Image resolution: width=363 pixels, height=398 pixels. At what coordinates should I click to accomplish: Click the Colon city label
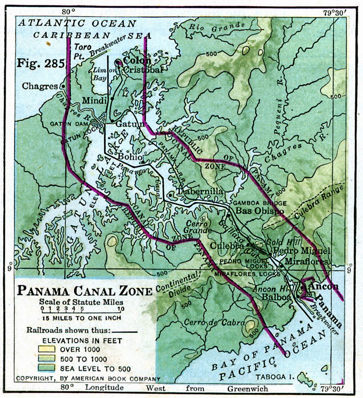(137, 60)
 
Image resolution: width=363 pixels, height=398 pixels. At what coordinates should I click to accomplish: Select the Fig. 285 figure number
(41, 63)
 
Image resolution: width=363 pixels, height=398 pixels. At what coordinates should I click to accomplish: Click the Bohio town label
(129, 157)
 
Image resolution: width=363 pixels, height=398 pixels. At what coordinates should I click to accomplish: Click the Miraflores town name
(306, 261)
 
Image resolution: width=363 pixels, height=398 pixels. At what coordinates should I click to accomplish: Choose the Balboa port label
(276, 297)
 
